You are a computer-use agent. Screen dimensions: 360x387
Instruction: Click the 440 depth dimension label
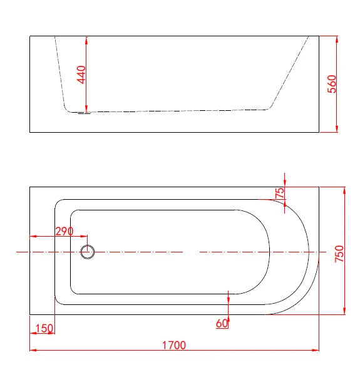click(x=81, y=75)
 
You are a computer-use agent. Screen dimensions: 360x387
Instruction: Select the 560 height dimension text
click(x=332, y=84)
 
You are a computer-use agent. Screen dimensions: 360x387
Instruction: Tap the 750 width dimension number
click(x=339, y=254)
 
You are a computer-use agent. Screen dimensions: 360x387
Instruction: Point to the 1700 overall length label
click(x=173, y=345)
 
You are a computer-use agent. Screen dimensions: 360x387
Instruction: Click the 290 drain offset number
click(x=64, y=231)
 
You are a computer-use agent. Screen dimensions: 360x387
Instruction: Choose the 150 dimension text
click(x=44, y=329)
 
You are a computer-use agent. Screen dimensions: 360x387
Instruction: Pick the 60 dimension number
click(x=222, y=323)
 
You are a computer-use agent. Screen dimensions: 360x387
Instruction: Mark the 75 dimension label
click(x=280, y=193)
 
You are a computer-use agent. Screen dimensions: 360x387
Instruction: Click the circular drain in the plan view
click(x=88, y=252)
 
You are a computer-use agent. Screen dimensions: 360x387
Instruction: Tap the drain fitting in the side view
click(x=84, y=113)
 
